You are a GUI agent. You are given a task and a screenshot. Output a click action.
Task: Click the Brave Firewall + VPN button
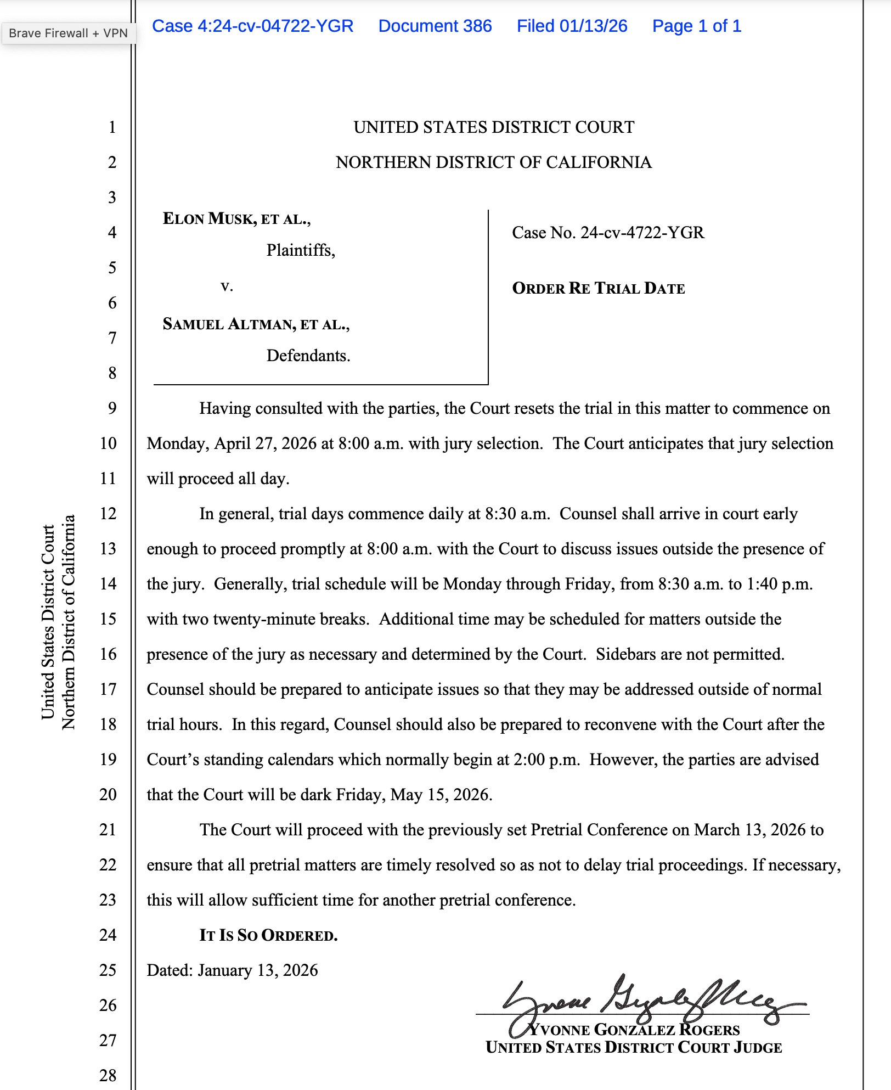click(x=68, y=33)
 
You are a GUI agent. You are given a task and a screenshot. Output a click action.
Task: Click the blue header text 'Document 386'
click(x=435, y=26)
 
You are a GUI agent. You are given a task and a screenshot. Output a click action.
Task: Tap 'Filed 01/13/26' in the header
click(x=572, y=26)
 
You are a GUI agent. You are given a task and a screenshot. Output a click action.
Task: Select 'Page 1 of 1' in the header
click(x=696, y=26)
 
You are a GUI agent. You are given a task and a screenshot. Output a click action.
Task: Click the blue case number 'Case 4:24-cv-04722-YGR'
click(x=252, y=26)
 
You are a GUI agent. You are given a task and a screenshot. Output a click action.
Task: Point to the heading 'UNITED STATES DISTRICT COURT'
click(x=494, y=127)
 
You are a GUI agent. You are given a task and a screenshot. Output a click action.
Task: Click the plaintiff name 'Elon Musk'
click(x=209, y=219)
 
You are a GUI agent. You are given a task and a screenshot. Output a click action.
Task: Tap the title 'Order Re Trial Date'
click(x=598, y=288)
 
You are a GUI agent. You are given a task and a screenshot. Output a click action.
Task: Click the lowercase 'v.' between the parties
click(x=227, y=286)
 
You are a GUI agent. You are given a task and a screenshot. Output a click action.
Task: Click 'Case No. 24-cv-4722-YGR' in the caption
click(x=607, y=233)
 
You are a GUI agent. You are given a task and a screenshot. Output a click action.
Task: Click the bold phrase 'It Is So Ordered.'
click(x=268, y=935)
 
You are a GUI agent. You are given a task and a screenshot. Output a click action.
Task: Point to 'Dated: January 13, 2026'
click(x=232, y=970)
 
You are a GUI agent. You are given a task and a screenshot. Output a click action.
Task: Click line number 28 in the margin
click(x=108, y=1075)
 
